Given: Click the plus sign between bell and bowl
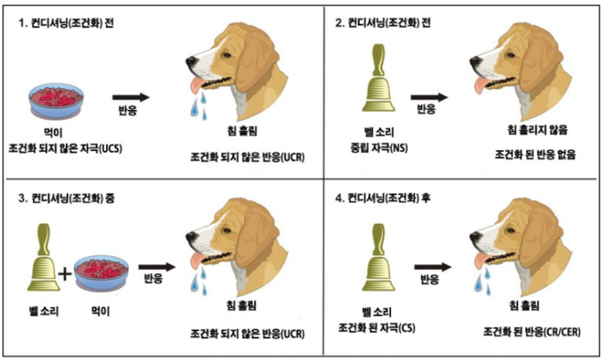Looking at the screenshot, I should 66,274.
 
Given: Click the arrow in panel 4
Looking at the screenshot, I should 434,266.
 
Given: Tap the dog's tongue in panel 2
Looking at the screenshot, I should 479,86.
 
